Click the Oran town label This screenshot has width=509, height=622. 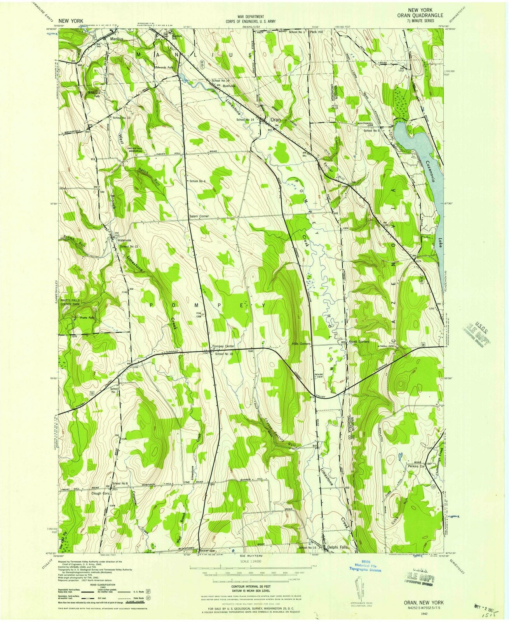[275, 120]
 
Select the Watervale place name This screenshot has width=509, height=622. [124, 240]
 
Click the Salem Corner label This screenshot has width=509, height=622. [199, 216]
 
